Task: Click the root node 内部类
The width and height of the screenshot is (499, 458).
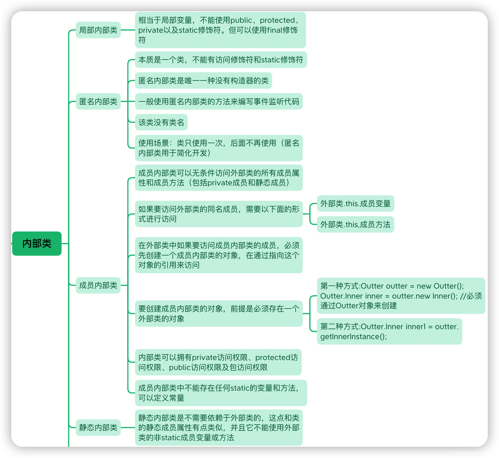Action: point(37,243)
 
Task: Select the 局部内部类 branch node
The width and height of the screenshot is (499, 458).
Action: point(98,30)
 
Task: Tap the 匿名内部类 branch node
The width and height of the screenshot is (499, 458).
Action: point(98,101)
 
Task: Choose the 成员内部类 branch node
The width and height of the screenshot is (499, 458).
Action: point(98,285)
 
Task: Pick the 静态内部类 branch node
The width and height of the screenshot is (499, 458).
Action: point(98,427)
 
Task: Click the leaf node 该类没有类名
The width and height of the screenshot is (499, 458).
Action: point(161,122)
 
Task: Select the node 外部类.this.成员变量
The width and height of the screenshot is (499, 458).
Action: point(355,204)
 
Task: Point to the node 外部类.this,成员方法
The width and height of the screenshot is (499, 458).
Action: point(355,224)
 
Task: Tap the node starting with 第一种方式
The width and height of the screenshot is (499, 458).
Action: point(401,296)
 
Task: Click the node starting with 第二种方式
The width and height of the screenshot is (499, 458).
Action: point(389,331)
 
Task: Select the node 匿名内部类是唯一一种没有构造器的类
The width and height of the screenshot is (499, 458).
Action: point(203,81)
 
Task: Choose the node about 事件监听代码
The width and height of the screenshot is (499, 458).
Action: point(219,101)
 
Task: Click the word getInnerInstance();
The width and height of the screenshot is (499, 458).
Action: point(354,337)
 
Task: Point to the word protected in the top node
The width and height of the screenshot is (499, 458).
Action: point(277,20)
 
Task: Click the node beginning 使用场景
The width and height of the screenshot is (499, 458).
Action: point(219,148)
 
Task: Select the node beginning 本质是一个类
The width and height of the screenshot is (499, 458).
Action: point(221,60)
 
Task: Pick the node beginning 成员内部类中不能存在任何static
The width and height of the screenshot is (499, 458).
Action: point(221,393)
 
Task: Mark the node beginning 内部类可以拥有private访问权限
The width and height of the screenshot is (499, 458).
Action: point(218,362)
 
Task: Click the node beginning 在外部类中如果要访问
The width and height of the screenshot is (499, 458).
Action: point(219,255)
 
